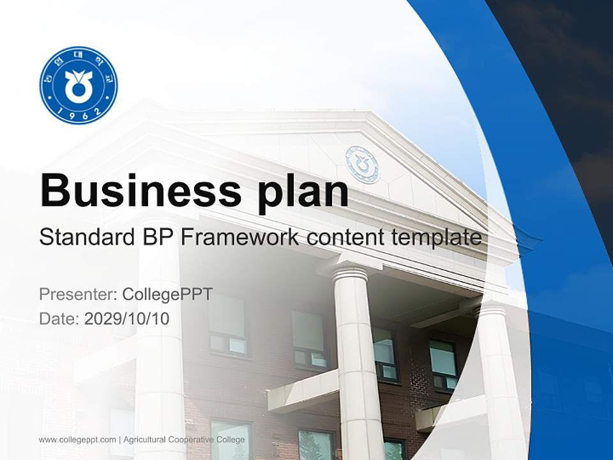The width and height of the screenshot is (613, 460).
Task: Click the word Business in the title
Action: [132, 190]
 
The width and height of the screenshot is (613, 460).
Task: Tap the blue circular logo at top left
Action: [79, 85]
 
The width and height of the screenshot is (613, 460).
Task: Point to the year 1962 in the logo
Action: [79, 114]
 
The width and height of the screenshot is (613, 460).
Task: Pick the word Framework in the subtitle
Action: [239, 238]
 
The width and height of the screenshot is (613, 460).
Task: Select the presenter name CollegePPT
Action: [167, 295]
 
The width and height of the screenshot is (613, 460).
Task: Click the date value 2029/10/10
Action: [127, 318]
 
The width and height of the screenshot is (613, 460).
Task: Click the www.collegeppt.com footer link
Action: [77, 440]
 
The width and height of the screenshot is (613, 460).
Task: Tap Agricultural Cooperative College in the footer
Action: [184, 440]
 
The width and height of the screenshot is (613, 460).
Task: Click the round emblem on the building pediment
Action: [362, 164]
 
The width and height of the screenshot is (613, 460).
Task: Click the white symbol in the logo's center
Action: [79, 84]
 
